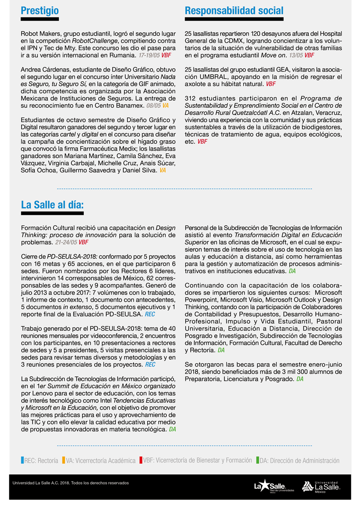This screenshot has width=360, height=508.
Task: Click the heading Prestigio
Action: click(x=40, y=11)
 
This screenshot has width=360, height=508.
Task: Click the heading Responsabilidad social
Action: click(x=234, y=11)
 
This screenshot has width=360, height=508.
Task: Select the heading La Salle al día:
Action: click(x=52, y=205)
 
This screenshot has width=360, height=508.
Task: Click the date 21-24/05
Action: click(x=66, y=242)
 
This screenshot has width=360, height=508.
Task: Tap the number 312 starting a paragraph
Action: click(x=191, y=98)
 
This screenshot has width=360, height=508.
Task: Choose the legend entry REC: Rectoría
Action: click(x=40, y=460)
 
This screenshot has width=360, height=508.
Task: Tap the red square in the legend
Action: click(x=141, y=460)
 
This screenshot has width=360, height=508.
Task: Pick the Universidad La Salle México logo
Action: click(x=321, y=486)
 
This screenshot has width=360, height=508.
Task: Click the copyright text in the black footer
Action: click(x=71, y=483)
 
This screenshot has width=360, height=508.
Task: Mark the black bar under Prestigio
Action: click(x=40, y=19)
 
